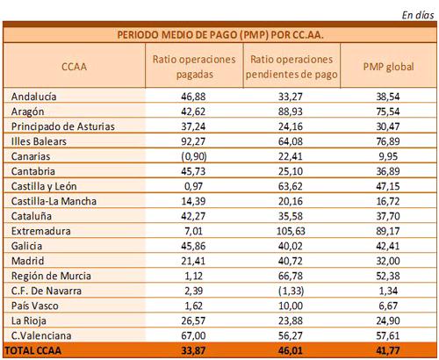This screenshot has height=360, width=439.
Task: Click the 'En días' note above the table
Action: point(418,15)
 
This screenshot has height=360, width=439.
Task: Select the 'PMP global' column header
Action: point(388,67)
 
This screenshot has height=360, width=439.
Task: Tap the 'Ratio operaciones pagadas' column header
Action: point(194,67)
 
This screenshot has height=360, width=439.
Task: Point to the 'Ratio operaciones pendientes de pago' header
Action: point(291,67)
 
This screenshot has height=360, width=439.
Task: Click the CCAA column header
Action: point(74,67)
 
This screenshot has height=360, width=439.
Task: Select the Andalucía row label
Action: point(33,97)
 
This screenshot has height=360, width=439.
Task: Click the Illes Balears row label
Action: point(39,141)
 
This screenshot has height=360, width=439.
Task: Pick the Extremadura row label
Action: point(40,231)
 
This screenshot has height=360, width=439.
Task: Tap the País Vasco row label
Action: point(34,306)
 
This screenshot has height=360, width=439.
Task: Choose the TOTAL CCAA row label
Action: point(33,350)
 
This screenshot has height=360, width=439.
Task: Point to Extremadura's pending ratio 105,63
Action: point(291,231)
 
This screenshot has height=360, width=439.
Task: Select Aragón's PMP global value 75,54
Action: point(388,112)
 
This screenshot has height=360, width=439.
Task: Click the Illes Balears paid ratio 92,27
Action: point(193,141)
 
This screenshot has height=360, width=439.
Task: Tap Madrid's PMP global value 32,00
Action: point(388,261)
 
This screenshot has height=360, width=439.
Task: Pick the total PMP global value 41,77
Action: point(388,350)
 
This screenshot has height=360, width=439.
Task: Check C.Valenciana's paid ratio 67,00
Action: point(193,335)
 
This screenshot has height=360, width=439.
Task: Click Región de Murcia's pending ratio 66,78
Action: point(291,276)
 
